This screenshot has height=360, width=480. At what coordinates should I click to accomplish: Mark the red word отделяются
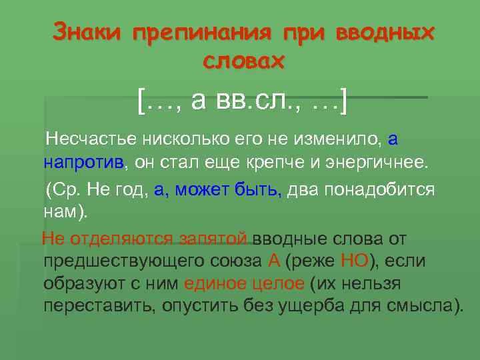point(111,238)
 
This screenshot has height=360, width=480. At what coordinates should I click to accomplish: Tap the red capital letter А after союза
point(273,261)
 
